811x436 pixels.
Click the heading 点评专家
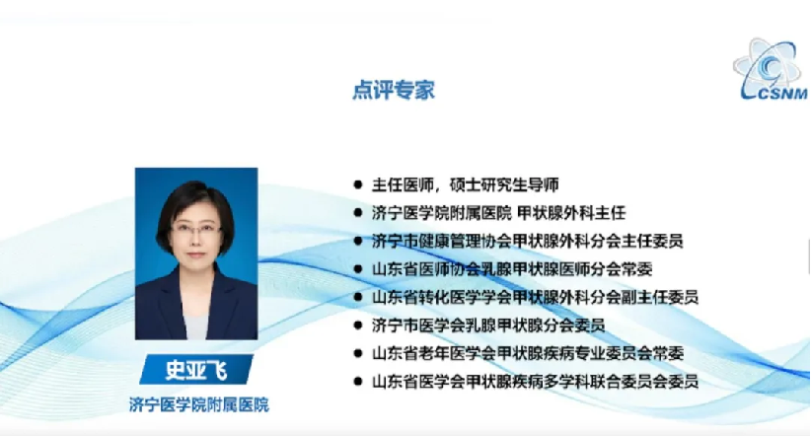(x=393, y=90)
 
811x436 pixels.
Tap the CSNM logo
(x=771, y=69)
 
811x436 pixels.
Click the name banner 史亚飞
(x=196, y=369)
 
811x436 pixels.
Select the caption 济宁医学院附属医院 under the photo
(x=199, y=404)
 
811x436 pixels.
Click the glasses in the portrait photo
(x=196, y=229)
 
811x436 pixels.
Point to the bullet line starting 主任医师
(x=465, y=184)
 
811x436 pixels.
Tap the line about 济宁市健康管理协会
(x=527, y=241)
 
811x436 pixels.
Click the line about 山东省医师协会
(x=511, y=269)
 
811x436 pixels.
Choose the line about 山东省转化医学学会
(x=535, y=297)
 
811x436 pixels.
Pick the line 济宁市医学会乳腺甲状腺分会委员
(x=488, y=325)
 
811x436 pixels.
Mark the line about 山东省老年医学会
(x=528, y=353)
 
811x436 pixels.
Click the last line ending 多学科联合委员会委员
(x=535, y=381)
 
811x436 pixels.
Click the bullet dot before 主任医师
(x=357, y=184)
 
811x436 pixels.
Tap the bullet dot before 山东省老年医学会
(x=357, y=353)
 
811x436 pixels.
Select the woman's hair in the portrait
(x=194, y=199)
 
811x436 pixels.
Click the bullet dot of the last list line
(x=357, y=381)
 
